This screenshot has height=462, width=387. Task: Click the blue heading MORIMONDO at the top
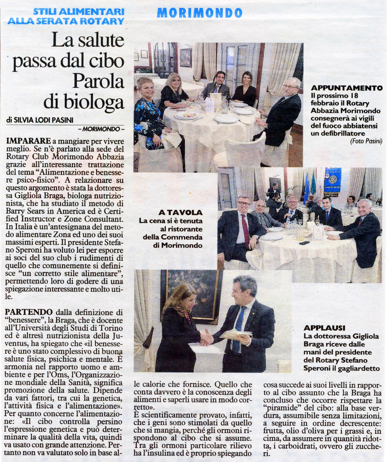199,13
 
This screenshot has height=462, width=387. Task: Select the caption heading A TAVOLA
181,212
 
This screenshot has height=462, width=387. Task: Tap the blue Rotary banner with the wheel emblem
332,180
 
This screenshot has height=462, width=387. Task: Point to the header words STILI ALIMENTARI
78,12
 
